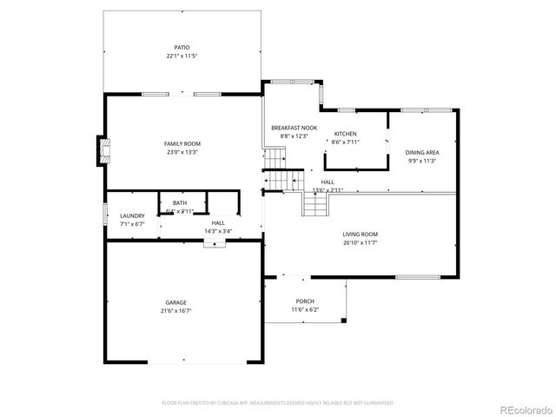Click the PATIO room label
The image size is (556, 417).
pyautogui.click(x=182, y=47)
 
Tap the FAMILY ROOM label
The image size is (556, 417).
pyautogui.click(x=182, y=143)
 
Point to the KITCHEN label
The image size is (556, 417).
pyautogui.click(x=346, y=134)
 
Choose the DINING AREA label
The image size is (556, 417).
pyautogui.click(x=421, y=152)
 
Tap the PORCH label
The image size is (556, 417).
pyautogui.click(x=304, y=301)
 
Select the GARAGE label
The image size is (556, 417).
pyautogui.click(x=176, y=302)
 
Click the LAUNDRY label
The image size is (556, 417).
pyautogui.click(x=132, y=215)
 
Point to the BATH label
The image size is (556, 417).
pyautogui.click(x=180, y=202)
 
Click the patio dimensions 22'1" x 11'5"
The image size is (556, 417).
pyautogui.click(x=182, y=56)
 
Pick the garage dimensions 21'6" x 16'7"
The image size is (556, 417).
pyautogui.click(x=176, y=310)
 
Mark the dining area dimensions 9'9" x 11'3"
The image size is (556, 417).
pyautogui.click(x=421, y=161)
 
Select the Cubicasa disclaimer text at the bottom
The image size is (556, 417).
pyautogui.click(x=278, y=402)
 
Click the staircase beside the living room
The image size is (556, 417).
pyautogui.click(x=314, y=204)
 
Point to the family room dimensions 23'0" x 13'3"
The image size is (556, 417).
pyautogui.click(x=182, y=152)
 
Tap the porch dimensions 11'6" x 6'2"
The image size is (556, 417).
pyautogui.click(x=304, y=309)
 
